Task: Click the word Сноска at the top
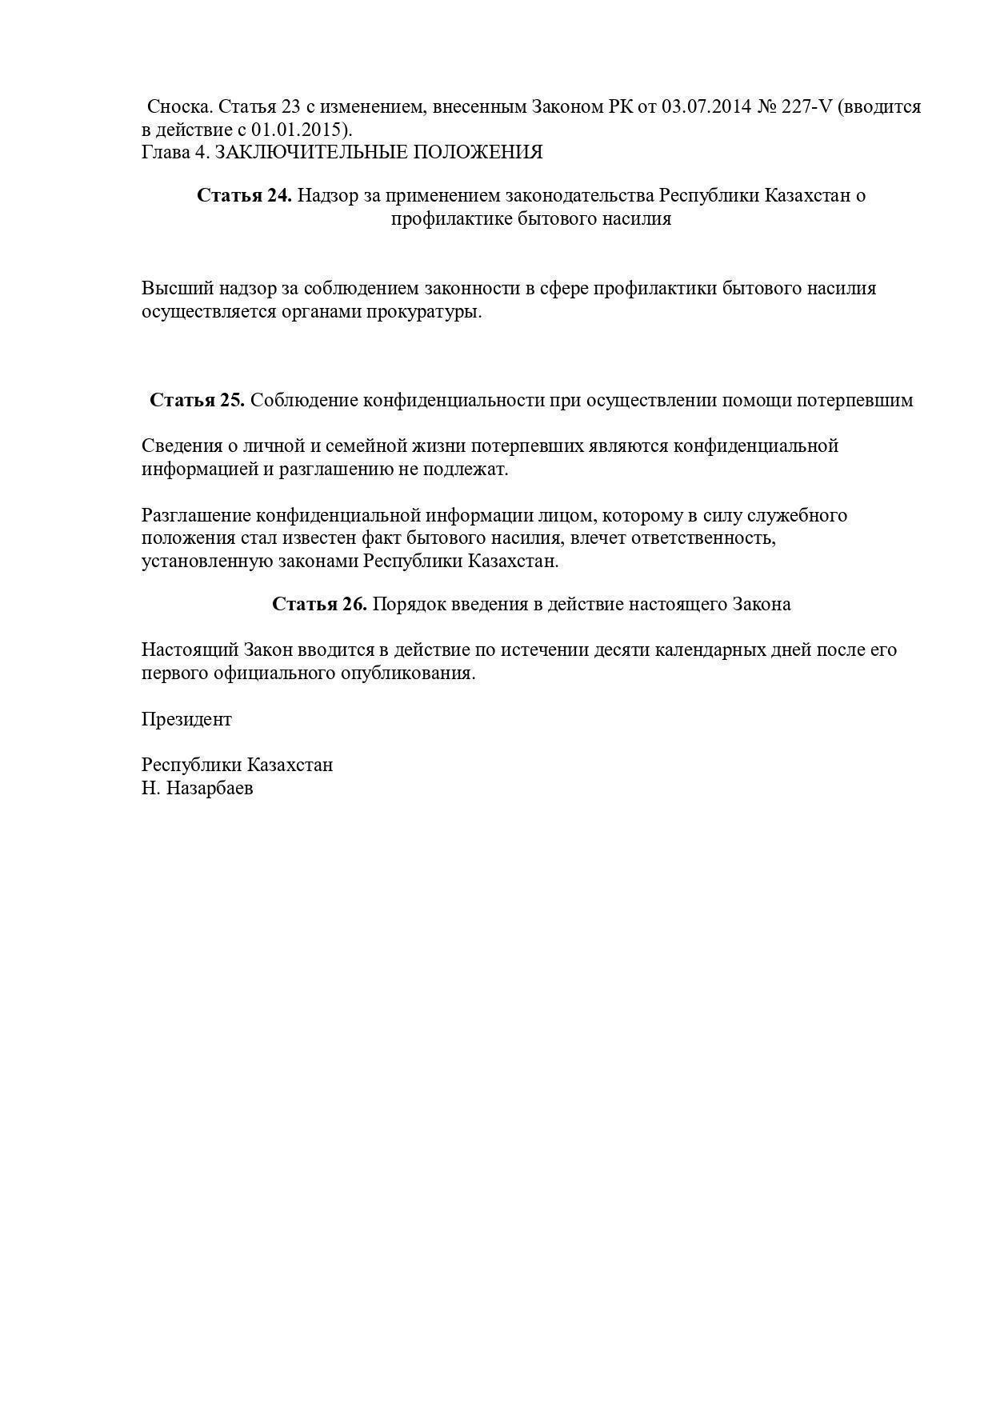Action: point(180,106)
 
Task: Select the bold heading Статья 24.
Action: point(244,195)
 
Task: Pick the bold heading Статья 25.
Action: point(197,400)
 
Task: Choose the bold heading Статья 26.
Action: point(319,604)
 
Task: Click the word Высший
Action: point(178,288)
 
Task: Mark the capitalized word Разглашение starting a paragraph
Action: point(196,515)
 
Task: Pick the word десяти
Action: point(621,650)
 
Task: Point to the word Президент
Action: point(186,719)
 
